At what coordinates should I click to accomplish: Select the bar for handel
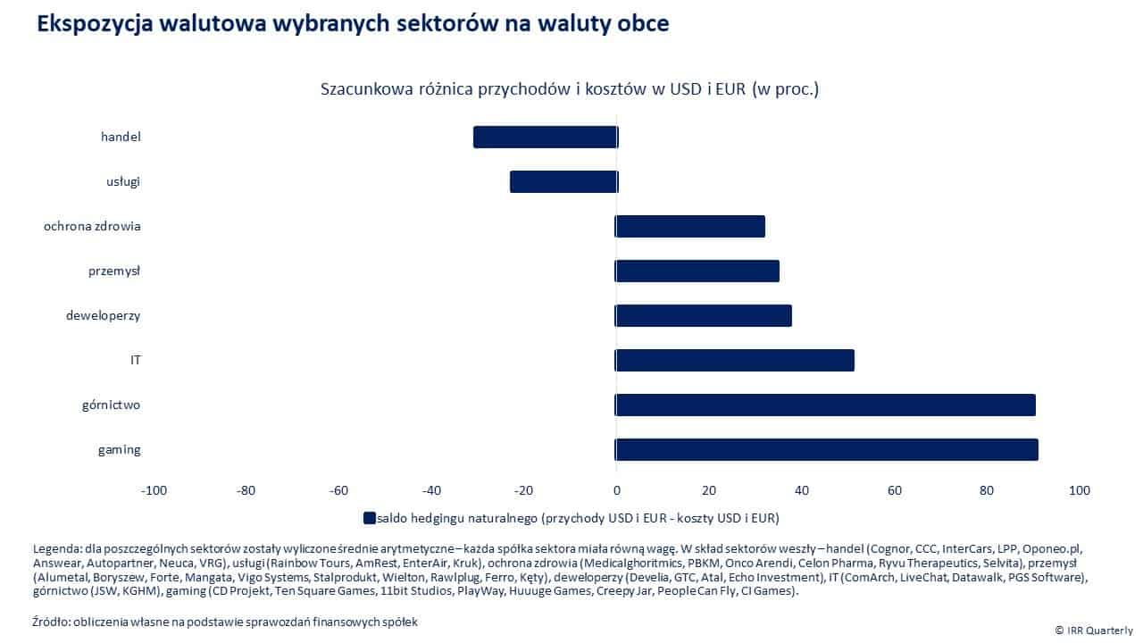pos(545,137)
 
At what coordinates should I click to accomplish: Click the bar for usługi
pos(563,181)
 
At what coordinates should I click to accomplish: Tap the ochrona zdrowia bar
pos(689,226)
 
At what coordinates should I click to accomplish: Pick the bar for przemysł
pos(697,271)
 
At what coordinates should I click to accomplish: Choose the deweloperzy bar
pos(703,315)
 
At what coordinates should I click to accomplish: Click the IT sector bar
pos(734,360)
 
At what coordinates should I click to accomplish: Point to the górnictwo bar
pos(825,405)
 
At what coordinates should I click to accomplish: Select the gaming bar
pos(826,449)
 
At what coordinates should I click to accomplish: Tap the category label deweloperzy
pos(103,315)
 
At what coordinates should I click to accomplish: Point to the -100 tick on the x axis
pos(154,490)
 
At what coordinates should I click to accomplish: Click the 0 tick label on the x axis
pos(616,490)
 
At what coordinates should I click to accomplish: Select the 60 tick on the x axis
pos(894,490)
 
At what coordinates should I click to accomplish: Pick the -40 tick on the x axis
pos(431,490)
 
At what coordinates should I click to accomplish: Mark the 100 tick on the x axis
pos(1079,490)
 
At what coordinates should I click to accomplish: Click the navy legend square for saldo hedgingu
pos(369,517)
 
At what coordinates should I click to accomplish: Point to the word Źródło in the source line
pos(52,621)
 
